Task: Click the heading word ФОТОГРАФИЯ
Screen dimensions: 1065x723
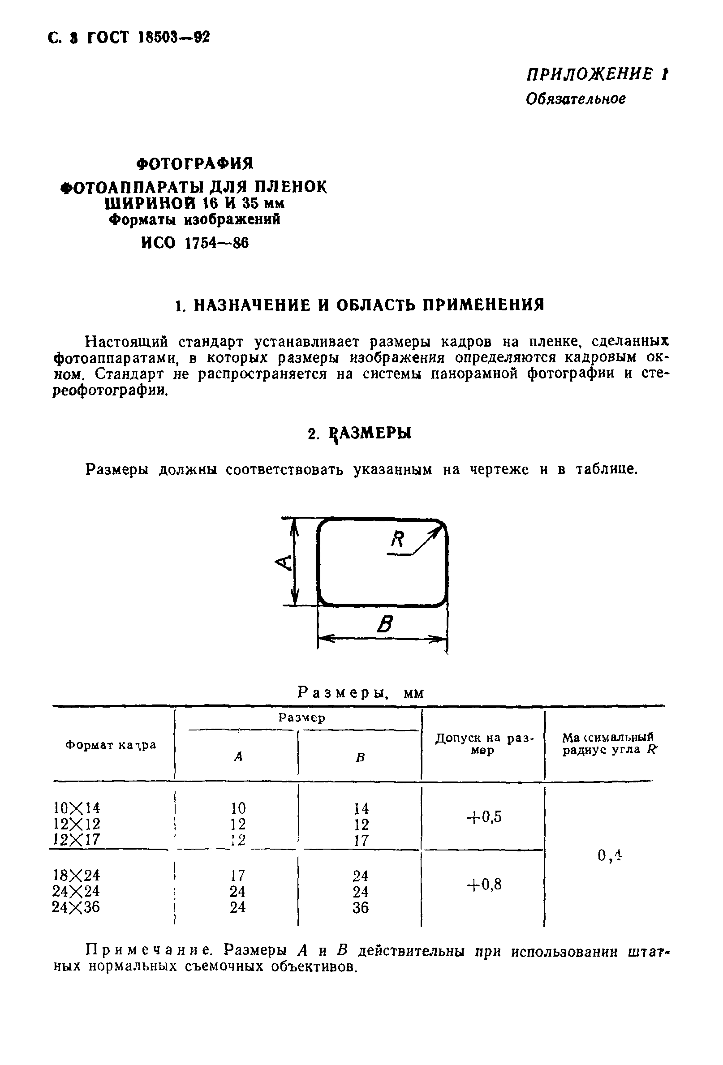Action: (x=195, y=163)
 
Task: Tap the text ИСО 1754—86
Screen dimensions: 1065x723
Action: (x=194, y=243)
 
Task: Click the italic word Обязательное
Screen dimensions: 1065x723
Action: (x=575, y=99)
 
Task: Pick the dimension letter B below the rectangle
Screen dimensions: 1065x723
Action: (x=385, y=624)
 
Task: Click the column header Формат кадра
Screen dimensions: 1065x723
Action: (x=111, y=745)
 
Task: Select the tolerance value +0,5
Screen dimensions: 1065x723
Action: (x=484, y=816)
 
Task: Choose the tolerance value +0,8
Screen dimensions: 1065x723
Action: (x=484, y=884)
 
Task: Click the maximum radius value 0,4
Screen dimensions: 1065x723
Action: (x=609, y=855)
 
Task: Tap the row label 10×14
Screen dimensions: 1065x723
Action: (x=76, y=807)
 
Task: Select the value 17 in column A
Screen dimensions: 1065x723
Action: (x=237, y=876)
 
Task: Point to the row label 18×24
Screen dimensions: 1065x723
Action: (x=76, y=875)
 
